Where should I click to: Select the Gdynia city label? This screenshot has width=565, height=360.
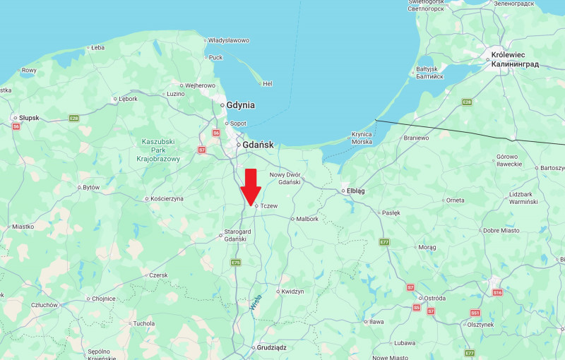(240, 105)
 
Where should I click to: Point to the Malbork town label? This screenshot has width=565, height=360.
(307, 219)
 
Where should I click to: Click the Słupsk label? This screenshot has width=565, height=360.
(29, 117)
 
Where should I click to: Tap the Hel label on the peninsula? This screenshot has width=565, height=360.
(267, 83)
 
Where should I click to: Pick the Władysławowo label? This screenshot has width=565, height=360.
(228, 40)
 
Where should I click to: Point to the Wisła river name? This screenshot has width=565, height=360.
(255, 302)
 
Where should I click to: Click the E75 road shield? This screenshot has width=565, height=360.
(236, 263)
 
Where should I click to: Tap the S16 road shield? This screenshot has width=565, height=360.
(497, 292)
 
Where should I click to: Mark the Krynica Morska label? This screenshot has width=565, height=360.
(362, 138)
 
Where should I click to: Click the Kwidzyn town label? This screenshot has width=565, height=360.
(292, 291)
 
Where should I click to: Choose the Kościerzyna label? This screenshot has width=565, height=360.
(167, 198)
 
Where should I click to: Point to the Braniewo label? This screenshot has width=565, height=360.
(416, 138)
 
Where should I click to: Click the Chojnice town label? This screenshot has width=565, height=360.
(103, 298)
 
